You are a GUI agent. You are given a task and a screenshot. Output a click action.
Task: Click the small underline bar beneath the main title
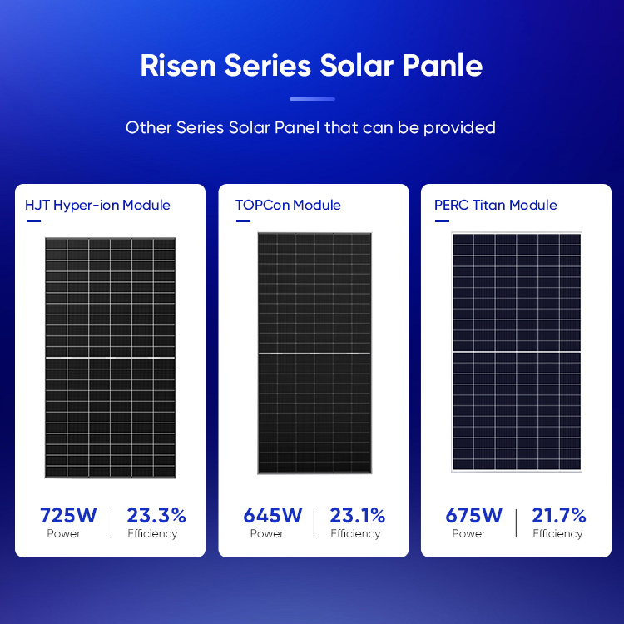[312, 99]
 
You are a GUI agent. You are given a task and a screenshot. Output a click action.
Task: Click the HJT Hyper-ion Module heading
[97, 205]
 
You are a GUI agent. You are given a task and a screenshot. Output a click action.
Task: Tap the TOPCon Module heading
[288, 205]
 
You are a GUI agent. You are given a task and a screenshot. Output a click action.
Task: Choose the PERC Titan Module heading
[496, 205]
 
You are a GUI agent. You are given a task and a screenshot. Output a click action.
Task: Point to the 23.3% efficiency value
[156, 515]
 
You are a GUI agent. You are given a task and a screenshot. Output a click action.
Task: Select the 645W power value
[267, 515]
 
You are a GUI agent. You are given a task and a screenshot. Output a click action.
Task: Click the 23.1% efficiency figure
[358, 515]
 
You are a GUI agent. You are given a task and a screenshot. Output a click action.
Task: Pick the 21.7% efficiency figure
[558, 515]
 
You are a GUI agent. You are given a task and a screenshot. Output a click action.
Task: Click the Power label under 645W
[267, 534]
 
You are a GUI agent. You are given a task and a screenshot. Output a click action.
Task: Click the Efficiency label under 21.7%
[558, 534]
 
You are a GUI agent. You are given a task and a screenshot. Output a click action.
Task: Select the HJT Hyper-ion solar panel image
[110, 358]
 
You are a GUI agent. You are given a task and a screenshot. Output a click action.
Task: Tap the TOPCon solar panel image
[314, 354]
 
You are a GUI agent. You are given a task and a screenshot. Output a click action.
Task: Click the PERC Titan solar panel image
[516, 352]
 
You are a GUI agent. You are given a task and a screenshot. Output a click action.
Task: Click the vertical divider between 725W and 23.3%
[111, 522]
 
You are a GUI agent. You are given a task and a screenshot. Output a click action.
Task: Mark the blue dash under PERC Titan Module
[441, 221]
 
